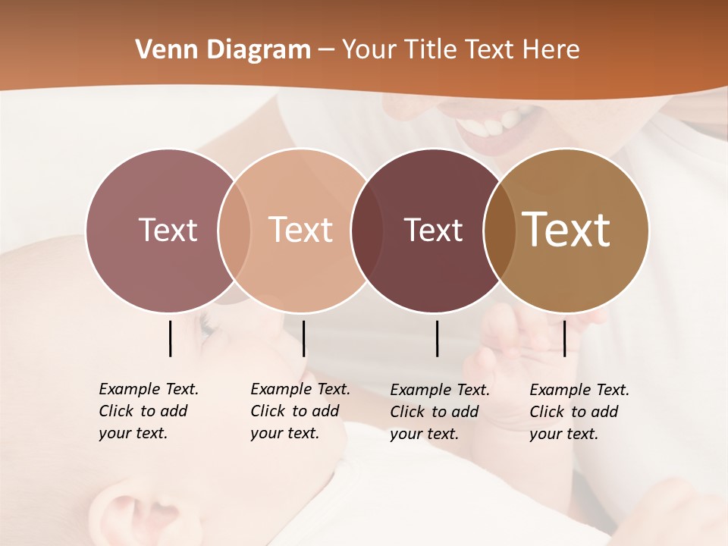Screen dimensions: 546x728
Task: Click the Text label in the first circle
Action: pyautogui.click(x=168, y=230)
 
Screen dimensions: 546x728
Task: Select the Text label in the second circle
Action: pyautogui.click(x=300, y=230)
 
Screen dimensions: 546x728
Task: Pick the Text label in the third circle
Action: pyautogui.click(x=433, y=230)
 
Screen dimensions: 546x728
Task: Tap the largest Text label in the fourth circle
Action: pyautogui.click(x=566, y=230)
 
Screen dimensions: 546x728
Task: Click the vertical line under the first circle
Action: pyautogui.click(x=170, y=338)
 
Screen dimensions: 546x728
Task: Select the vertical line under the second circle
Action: pyautogui.click(x=303, y=338)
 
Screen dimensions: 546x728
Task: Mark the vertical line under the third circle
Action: pyautogui.click(x=438, y=338)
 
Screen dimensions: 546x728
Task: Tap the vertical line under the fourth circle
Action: pyautogui.click(x=564, y=338)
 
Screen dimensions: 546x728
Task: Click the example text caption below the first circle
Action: pyautogui.click(x=148, y=411)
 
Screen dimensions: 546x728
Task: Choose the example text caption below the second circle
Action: pyautogui.click(x=300, y=411)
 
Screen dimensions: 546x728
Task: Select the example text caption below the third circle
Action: pyautogui.click(x=439, y=412)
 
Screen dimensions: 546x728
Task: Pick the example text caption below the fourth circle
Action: pyautogui.click(x=579, y=412)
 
